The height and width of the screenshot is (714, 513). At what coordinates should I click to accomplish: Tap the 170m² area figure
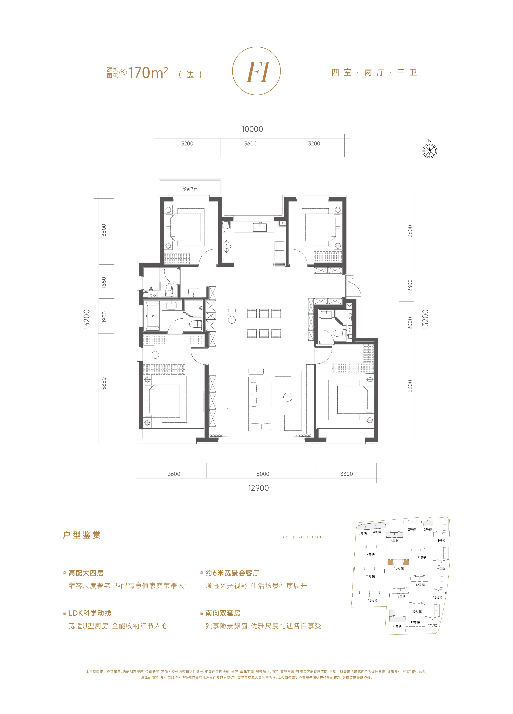coord(148,73)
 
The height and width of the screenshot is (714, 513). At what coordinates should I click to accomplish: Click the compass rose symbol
coord(430,151)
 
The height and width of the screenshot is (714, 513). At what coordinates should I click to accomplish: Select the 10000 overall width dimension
coord(252,129)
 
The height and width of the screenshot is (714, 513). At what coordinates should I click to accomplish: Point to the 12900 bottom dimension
coord(258,488)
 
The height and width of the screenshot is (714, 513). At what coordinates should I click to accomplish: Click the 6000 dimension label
coord(263,474)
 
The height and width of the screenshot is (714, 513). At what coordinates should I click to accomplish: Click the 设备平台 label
coord(190,189)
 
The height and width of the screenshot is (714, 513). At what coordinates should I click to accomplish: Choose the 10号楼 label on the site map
coord(399,568)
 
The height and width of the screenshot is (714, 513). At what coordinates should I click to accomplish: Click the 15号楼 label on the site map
coord(373,600)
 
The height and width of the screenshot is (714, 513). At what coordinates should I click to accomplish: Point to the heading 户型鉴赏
coord(82,535)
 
